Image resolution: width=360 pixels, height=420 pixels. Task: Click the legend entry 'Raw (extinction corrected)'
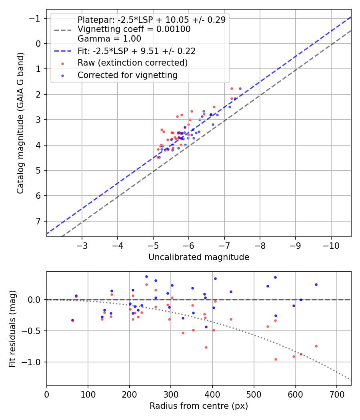click(132, 63)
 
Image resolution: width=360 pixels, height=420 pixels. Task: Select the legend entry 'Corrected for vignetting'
click(127, 75)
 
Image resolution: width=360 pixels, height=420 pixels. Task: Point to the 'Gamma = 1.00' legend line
click(109, 39)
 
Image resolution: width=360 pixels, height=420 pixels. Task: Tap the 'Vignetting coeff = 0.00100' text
click(134, 29)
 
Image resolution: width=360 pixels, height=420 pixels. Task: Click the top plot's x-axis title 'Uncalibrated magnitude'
click(199, 257)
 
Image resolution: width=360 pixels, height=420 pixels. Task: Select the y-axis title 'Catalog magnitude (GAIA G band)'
click(20, 123)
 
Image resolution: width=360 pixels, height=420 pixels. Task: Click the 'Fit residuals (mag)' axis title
click(12, 328)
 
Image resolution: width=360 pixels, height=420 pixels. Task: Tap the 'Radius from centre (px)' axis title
click(199, 406)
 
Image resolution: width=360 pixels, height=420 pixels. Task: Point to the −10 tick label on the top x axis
click(331, 245)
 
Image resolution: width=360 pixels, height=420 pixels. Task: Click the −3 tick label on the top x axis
click(82, 245)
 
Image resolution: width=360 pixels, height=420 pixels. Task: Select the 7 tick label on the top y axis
click(38, 221)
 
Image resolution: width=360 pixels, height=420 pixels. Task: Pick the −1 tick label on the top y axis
click(36, 18)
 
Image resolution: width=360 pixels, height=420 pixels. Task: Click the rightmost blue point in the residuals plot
click(316, 284)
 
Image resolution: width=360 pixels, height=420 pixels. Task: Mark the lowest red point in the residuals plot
click(276, 359)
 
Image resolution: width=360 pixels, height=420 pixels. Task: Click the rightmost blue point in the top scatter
click(240, 88)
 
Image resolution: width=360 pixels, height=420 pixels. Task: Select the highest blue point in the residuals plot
click(146, 276)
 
